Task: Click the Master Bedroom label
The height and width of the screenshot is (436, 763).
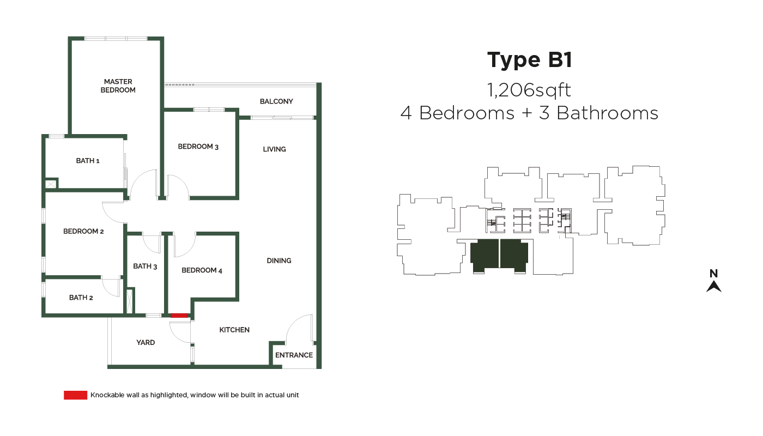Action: (118, 86)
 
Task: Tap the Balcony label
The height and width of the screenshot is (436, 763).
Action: (276, 101)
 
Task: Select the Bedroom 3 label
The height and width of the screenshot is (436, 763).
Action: (198, 147)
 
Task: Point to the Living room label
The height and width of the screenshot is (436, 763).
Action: (274, 149)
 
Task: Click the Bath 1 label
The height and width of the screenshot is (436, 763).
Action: (88, 161)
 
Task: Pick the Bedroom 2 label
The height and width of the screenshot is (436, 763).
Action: (83, 232)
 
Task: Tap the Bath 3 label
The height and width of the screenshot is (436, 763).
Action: (145, 267)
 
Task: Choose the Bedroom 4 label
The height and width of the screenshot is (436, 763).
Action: (202, 270)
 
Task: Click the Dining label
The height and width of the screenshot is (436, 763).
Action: (279, 261)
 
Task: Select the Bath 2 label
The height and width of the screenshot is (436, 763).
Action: (81, 298)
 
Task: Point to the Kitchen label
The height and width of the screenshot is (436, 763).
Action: (234, 330)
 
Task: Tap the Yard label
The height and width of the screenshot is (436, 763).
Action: (146, 343)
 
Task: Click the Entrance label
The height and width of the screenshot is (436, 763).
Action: (294, 355)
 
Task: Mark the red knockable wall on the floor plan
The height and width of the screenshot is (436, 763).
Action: (179, 316)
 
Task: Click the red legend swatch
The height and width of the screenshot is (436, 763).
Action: (76, 395)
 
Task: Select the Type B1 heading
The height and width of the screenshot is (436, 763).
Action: (530, 60)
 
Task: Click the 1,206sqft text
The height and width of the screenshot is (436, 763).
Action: (529, 90)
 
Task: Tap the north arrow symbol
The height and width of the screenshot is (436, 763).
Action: (714, 286)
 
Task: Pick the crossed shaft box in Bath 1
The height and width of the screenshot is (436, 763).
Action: (50, 184)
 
